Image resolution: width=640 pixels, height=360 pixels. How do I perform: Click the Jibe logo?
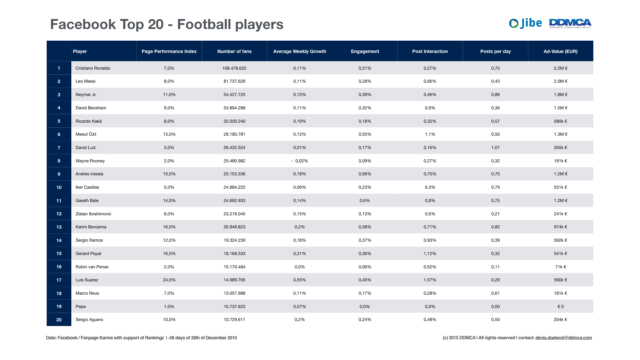[x=525, y=23]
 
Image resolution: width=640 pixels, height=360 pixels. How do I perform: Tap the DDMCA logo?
[x=570, y=23]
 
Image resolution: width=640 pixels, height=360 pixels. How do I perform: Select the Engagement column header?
[x=365, y=51]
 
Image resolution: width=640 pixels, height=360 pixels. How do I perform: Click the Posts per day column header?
[x=495, y=51]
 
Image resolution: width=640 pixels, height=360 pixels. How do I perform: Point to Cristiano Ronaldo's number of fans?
[x=234, y=68]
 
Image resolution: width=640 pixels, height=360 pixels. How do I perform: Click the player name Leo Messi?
[x=85, y=81]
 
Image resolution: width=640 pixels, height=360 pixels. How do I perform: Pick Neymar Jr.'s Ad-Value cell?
[x=560, y=95]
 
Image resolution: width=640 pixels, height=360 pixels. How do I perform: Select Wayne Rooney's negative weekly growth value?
[x=300, y=161]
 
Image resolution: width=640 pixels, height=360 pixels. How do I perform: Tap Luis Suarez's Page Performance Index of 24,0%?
[x=169, y=280]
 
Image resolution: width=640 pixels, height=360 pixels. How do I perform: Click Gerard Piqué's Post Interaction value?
[x=430, y=253]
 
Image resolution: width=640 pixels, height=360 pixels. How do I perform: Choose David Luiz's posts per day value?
[x=495, y=147]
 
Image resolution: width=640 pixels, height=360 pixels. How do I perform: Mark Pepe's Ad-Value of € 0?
[x=560, y=306]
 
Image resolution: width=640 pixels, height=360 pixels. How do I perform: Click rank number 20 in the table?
[x=59, y=320]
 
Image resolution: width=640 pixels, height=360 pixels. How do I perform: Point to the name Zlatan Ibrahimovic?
[x=93, y=214]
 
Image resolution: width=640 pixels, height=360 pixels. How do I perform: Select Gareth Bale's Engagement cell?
[x=365, y=200]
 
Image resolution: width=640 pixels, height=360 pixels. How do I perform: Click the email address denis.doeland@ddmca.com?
[x=564, y=338]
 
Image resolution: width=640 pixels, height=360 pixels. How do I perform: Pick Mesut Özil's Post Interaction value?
[x=430, y=134]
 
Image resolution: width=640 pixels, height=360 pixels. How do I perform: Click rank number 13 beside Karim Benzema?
[x=59, y=227]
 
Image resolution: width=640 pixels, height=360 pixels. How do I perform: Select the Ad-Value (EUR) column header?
[x=560, y=51]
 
